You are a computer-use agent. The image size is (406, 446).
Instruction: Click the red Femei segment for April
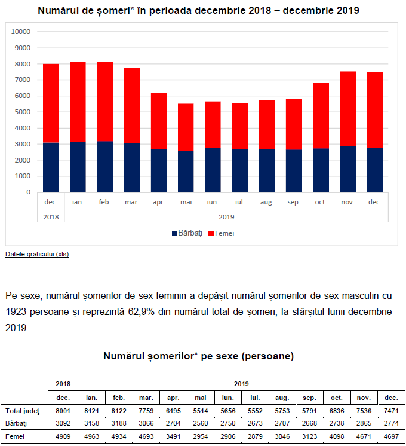(159, 121)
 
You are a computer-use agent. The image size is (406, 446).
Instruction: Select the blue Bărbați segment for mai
(186, 172)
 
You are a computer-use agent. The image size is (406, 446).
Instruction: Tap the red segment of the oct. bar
(321, 115)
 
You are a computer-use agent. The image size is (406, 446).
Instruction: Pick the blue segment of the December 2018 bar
(51, 167)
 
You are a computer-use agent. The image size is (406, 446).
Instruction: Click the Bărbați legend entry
(187, 233)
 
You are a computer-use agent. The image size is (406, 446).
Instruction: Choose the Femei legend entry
(222, 233)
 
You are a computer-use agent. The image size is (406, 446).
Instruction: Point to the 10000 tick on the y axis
(21, 32)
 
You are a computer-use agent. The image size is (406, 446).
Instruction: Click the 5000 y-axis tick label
(23, 112)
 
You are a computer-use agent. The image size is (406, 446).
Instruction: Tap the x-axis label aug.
(267, 202)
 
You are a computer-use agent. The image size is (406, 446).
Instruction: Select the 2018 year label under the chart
(51, 217)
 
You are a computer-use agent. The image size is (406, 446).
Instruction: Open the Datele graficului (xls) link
(37, 254)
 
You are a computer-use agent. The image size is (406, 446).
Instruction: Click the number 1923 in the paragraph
(16, 312)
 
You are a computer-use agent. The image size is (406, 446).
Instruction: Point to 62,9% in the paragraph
(142, 312)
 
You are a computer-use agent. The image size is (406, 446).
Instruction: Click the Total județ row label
(23, 411)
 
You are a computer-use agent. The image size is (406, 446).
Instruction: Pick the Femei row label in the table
(15, 436)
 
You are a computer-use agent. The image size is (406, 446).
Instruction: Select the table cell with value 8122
(119, 411)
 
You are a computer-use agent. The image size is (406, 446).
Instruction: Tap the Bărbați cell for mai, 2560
(200, 423)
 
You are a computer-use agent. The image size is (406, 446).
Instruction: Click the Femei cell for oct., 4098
(337, 436)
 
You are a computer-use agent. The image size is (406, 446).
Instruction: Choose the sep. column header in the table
(309, 398)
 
